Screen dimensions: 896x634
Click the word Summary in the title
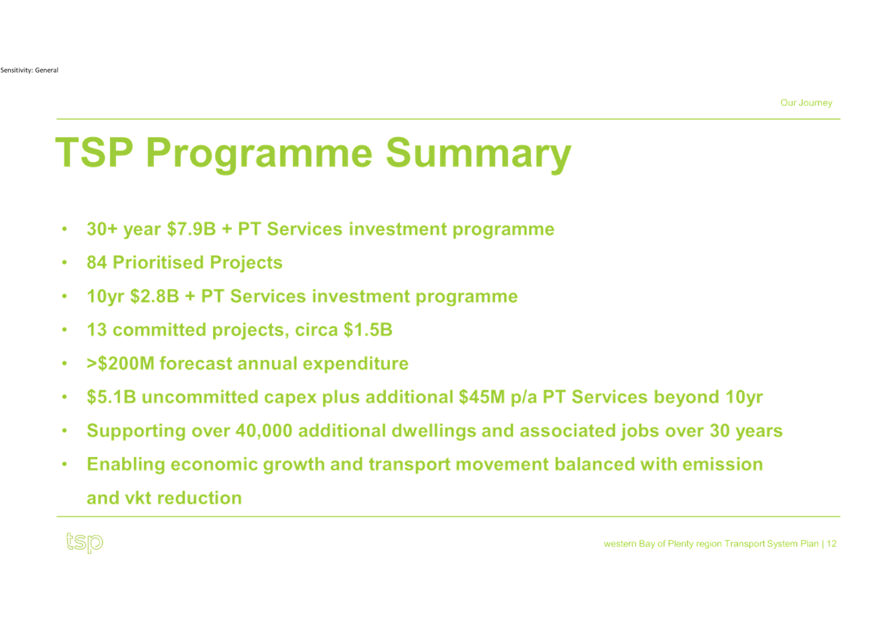click(478, 155)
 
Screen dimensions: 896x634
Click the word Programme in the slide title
click(259, 155)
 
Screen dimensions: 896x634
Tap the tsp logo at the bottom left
click(84, 543)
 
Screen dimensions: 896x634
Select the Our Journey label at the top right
click(806, 103)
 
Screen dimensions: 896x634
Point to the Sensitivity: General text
click(29, 70)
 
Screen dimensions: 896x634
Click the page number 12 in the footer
click(832, 544)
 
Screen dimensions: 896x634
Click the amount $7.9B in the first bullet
click(191, 229)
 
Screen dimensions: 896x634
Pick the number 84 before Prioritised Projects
click(96, 263)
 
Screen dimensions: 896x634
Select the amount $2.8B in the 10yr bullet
click(155, 296)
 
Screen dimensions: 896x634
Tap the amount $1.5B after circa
click(368, 329)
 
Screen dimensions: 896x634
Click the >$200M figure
click(120, 363)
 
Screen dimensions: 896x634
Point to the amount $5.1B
click(111, 397)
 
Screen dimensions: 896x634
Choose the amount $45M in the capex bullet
click(482, 397)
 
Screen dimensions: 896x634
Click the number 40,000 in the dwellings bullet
click(264, 431)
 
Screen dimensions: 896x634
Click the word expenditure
click(356, 364)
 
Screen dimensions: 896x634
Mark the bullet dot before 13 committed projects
click(64, 329)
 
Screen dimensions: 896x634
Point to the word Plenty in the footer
click(680, 544)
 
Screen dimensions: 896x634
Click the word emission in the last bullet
click(723, 465)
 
